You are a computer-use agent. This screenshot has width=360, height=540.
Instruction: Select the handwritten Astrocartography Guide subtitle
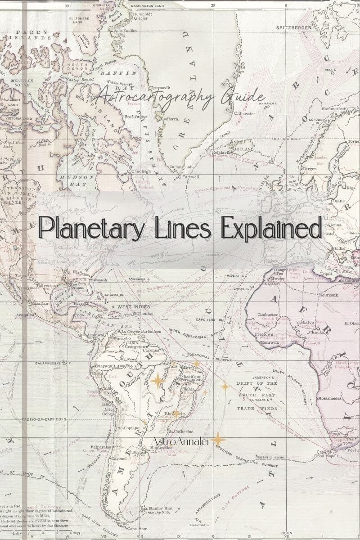point(180,96)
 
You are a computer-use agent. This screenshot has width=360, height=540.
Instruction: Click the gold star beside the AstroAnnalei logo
point(218,440)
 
